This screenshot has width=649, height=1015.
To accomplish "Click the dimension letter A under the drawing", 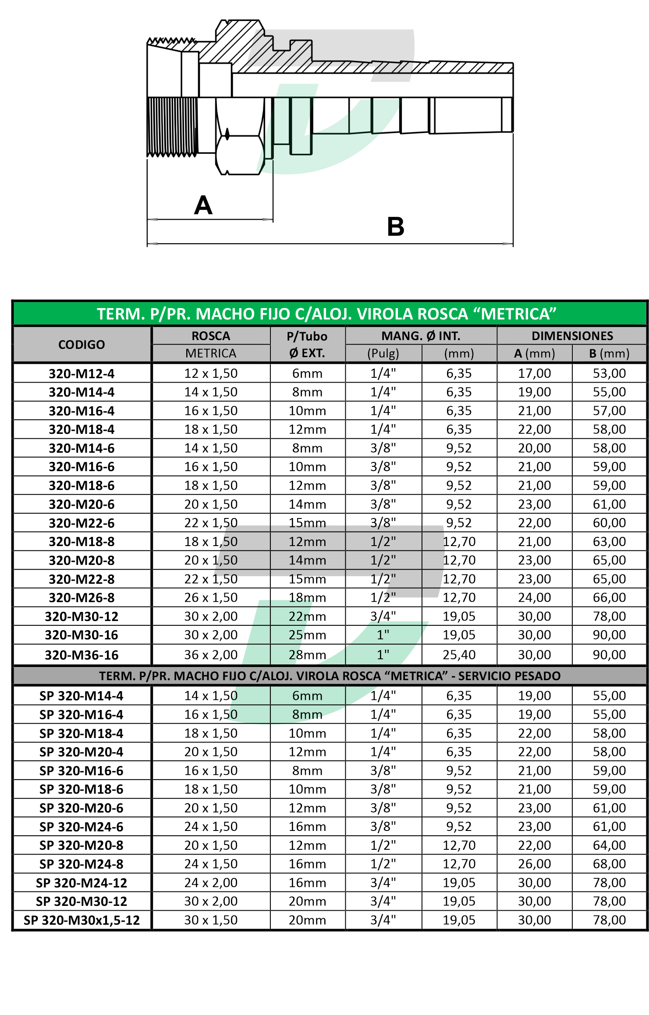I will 203,205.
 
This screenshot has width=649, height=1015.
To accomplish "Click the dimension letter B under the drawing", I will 395,227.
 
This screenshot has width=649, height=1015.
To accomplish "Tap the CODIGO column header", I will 82,344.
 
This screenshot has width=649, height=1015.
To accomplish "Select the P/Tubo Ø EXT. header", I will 307,344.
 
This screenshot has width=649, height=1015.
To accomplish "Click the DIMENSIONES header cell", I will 572,336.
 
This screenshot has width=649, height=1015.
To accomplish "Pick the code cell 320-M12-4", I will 82,373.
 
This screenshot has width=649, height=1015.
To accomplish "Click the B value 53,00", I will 609,373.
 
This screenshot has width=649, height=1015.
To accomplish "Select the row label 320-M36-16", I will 82,655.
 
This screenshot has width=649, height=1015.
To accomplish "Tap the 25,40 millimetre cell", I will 459,655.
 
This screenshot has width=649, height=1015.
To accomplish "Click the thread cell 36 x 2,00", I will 211,655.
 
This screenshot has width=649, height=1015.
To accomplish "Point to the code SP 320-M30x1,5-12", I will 82,920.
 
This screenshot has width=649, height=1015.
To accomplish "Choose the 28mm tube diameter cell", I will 307,655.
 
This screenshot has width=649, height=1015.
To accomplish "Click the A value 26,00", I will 534,864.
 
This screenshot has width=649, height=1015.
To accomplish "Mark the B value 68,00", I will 609,864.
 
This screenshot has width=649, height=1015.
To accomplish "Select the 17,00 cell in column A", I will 534,373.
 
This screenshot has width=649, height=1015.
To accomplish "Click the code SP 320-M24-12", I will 82,883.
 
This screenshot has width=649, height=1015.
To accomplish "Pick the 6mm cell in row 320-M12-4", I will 307,373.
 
